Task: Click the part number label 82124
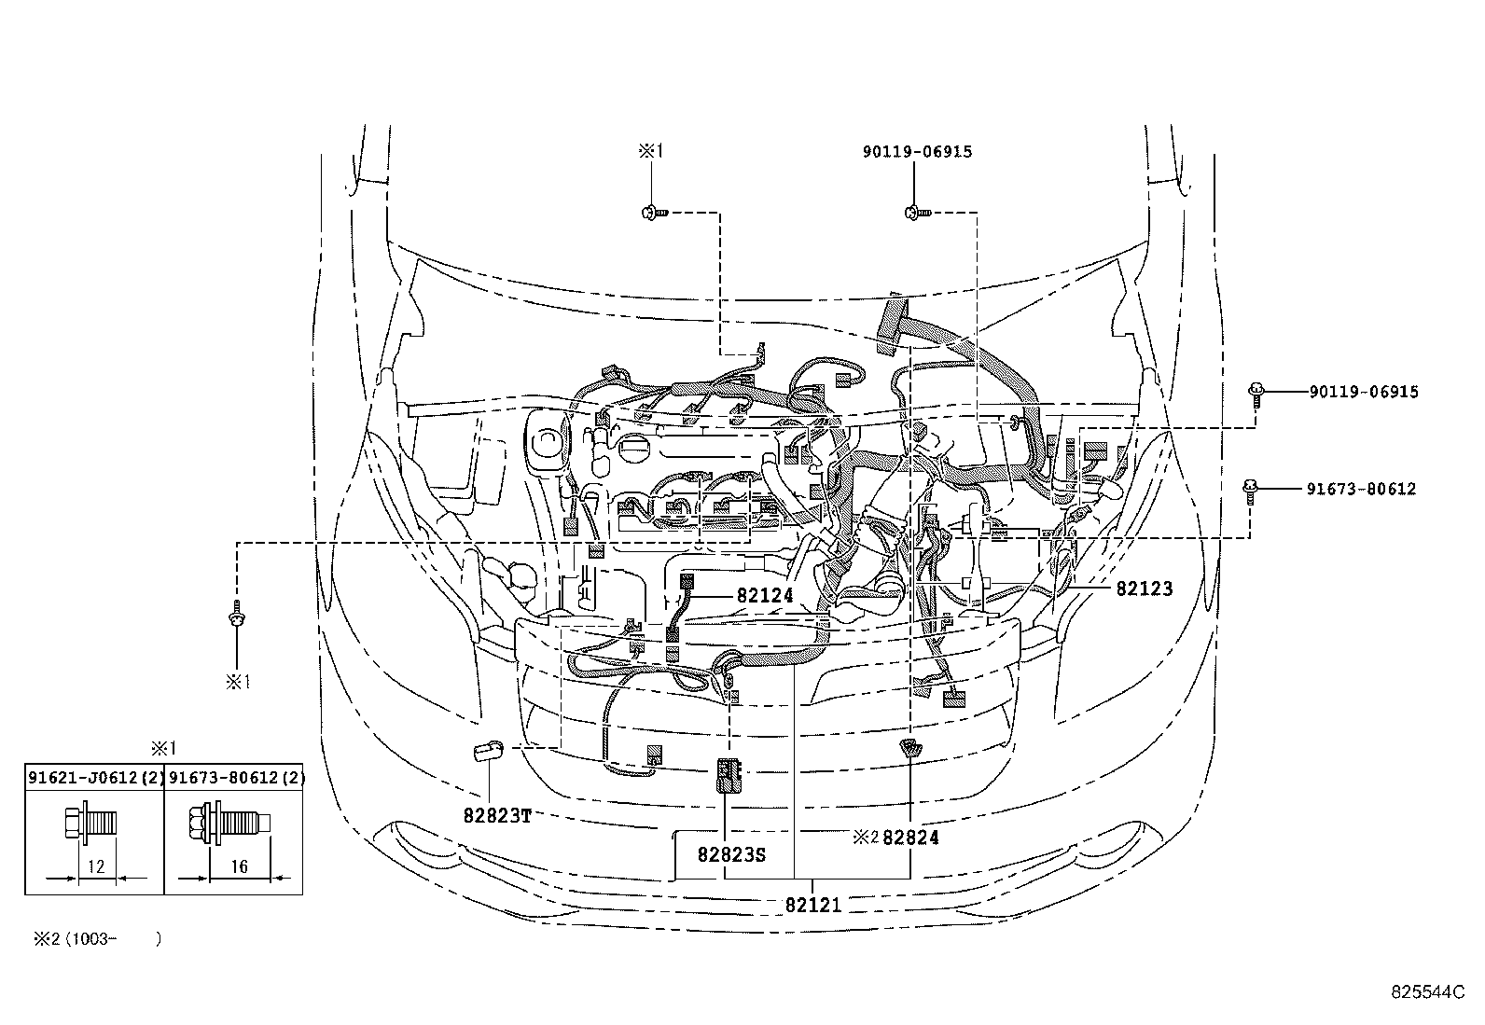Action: [x=765, y=595]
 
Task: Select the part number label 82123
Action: [x=1144, y=589]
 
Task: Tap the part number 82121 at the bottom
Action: [x=813, y=905]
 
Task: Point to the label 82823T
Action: [x=497, y=814]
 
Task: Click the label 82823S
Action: [x=731, y=853]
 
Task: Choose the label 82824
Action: [x=910, y=838]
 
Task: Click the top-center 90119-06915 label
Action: [x=917, y=151]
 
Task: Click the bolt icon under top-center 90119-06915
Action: [x=915, y=213]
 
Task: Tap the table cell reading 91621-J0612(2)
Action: [x=95, y=777]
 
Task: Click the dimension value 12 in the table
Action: [x=95, y=866]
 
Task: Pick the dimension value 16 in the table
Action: [x=239, y=866]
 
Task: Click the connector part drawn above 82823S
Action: [x=728, y=773]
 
